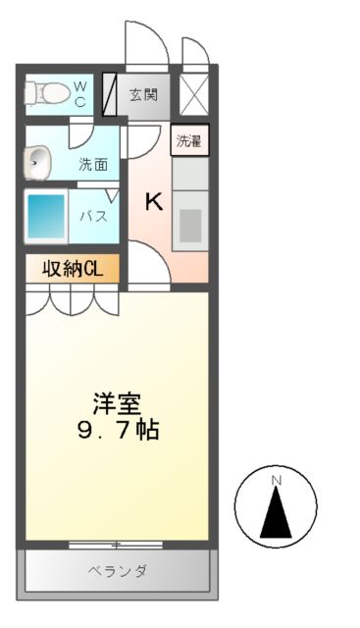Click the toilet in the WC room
pos(47,94)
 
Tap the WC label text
pos(80,94)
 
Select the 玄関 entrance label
pos(143,95)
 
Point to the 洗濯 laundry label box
pos(190,140)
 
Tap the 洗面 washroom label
pos(93,165)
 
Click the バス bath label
pos(94,217)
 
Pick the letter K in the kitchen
pos(154,202)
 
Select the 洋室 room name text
pos(118,403)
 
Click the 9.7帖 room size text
pos(118,429)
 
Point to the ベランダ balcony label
pos(117,570)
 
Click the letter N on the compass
pos(277,480)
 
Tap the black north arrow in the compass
pos(277,511)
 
